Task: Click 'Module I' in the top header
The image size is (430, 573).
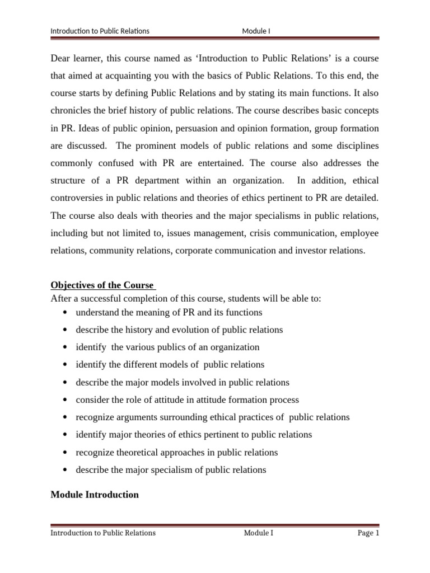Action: tap(256, 31)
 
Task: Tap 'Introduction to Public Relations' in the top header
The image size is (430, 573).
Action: tap(100, 31)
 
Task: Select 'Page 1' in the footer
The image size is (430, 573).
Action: tap(368, 533)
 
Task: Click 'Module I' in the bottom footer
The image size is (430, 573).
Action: tap(258, 533)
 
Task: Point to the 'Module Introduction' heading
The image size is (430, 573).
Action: tap(95, 495)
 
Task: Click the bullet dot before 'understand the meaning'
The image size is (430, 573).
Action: tap(67, 312)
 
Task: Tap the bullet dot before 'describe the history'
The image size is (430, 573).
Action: tap(67, 330)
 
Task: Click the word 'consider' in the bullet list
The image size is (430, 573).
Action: tap(92, 400)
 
